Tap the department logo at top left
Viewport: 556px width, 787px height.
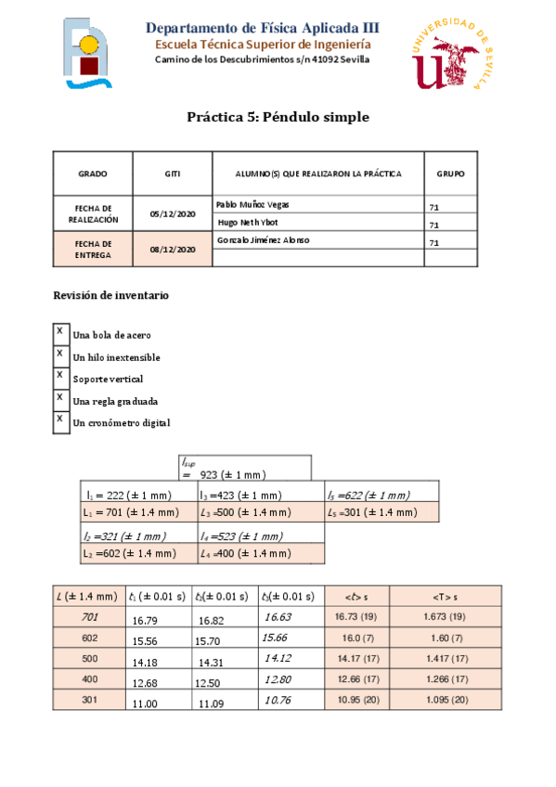(x=90, y=55)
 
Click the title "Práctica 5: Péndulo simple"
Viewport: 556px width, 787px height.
(x=278, y=118)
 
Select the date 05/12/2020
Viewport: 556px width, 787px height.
(x=173, y=213)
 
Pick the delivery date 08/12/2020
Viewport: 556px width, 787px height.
(x=173, y=249)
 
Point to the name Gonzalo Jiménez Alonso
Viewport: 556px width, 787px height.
(x=263, y=240)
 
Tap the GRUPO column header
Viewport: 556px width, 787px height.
(x=450, y=174)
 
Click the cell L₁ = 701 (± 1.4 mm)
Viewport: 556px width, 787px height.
(x=131, y=511)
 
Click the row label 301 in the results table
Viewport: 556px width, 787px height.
(x=90, y=700)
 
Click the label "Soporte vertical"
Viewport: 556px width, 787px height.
(x=108, y=380)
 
